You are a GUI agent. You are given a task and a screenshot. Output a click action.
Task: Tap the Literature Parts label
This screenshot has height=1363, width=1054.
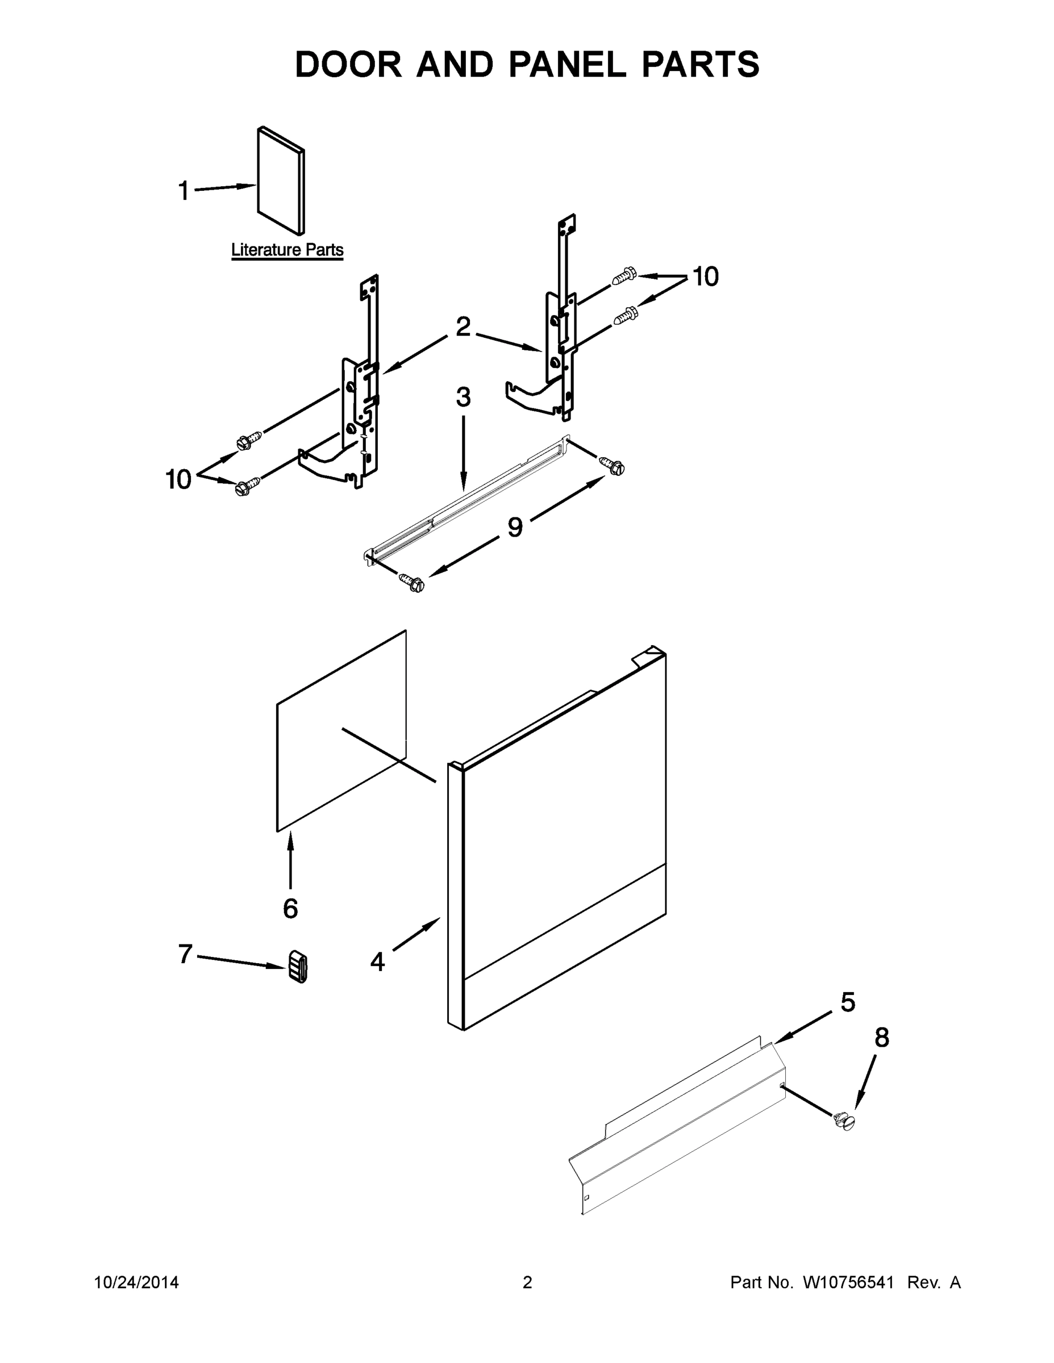point(288,250)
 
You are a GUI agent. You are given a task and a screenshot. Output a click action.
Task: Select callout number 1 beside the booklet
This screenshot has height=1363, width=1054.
point(183,191)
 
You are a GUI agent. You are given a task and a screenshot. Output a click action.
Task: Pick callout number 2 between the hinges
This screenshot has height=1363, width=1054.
point(463,327)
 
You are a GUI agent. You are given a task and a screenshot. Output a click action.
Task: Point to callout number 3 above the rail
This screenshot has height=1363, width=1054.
point(463,397)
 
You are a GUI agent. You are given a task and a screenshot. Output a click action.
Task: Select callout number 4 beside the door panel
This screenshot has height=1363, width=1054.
point(377,961)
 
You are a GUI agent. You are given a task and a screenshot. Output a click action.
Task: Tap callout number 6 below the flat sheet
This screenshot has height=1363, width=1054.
point(290,908)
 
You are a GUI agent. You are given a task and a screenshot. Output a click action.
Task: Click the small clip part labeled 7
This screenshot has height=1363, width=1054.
point(298,967)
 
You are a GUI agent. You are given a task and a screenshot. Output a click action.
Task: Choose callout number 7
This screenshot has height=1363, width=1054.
point(185,954)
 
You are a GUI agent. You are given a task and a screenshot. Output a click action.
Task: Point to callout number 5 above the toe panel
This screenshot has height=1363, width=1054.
point(847,1002)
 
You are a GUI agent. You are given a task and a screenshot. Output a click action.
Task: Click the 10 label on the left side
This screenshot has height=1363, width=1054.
point(178,479)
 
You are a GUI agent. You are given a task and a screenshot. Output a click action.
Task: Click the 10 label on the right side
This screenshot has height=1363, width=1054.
point(706,277)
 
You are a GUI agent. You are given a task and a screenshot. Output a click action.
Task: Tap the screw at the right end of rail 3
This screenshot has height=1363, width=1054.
point(612,465)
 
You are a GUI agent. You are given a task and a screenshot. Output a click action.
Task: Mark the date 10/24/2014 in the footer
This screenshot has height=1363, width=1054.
point(136,1282)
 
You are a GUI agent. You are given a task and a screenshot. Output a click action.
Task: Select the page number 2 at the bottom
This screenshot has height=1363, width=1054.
point(527,1282)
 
